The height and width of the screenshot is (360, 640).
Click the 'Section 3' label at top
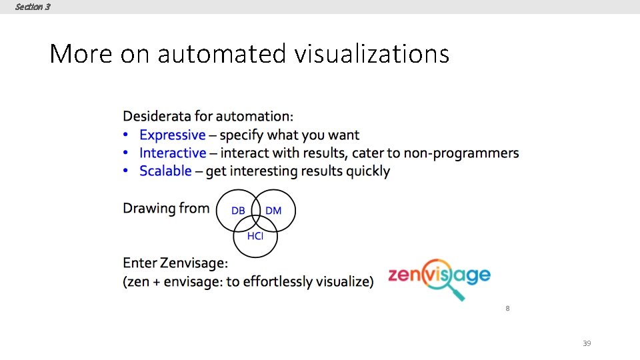pos(32,7)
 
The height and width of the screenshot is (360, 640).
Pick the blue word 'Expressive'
pos(173,135)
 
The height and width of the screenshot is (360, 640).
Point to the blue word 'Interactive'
pos(173,153)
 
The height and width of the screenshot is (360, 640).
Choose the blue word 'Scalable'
pos(165,171)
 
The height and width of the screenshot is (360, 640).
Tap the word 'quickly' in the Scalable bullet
pos(366,171)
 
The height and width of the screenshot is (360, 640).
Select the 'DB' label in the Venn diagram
pos(238,211)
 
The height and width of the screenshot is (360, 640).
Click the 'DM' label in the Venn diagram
pos(273,211)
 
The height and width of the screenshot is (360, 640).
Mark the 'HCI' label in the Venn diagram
pos(255,236)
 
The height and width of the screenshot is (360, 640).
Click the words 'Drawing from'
pos(166,208)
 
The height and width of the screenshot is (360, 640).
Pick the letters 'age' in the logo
pos(474,275)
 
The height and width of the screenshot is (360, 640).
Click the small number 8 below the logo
pos(507,309)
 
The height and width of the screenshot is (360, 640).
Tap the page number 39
pos(587,343)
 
